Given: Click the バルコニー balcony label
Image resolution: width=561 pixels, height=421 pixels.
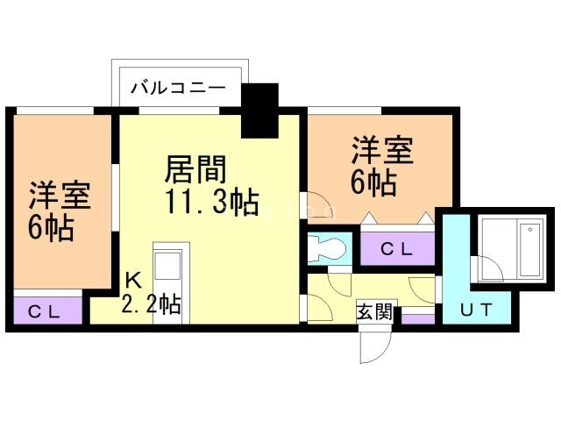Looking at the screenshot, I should (179, 88).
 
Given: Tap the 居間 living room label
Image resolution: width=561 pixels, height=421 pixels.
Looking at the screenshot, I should (196, 167).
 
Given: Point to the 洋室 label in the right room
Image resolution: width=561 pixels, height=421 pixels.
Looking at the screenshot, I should (382, 150).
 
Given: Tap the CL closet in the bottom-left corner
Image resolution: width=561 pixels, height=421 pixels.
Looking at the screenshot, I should (48, 310).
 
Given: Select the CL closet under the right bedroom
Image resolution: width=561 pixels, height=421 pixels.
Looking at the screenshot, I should (396, 249).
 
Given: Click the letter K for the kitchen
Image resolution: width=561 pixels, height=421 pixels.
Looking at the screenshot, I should (132, 281).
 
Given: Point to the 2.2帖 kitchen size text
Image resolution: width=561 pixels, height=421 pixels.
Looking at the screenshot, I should (151, 305).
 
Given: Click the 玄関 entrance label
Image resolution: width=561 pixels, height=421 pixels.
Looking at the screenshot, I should (374, 312).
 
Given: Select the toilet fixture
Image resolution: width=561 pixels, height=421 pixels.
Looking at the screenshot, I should (325, 247).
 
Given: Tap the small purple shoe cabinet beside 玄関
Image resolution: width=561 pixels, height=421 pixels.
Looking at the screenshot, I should (417, 318).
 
